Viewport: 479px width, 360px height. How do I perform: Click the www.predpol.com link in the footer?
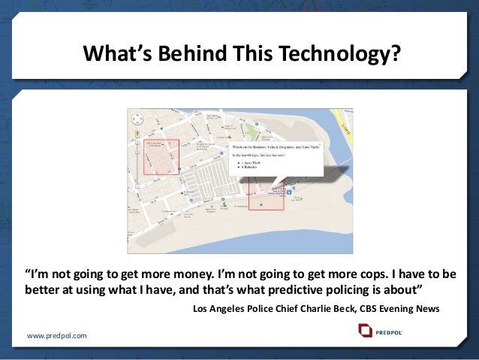pyautogui.click(x=57, y=334)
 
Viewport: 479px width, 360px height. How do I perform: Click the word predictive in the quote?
pyautogui.click(x=282, y=289)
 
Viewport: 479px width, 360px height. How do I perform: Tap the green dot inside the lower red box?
pyautogui.click(x=261, y=204)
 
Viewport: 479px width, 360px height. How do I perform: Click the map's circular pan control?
pyautogui.click(x=136, y=117)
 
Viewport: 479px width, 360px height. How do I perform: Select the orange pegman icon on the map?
pyautogui.click(x=136, y=133)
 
